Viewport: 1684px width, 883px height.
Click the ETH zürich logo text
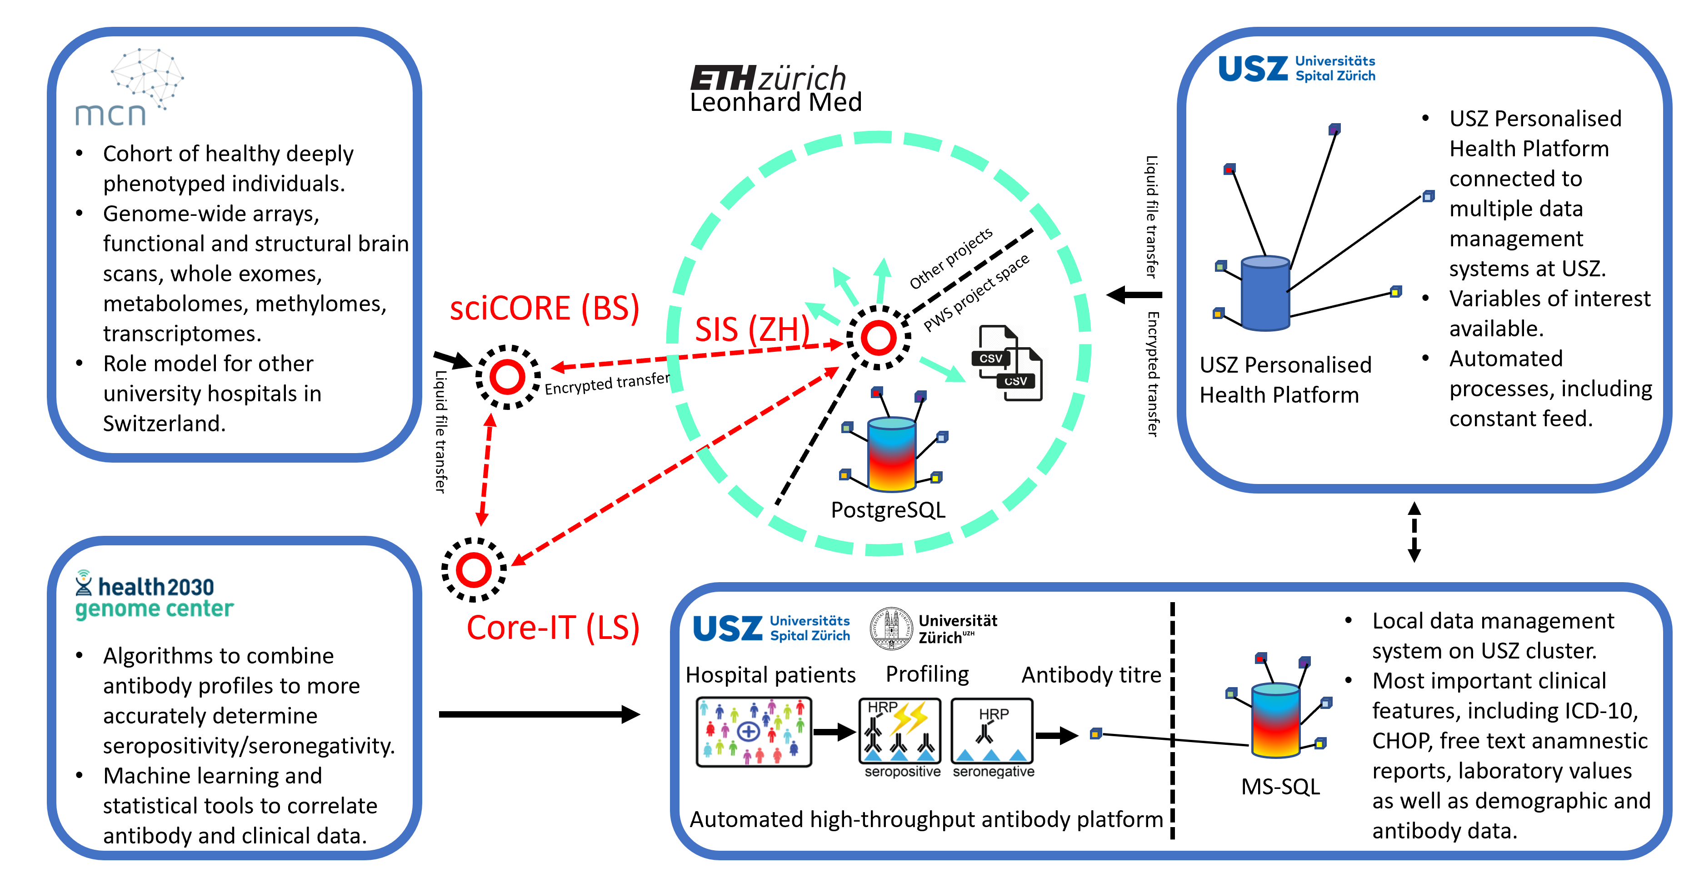(x=768, y=79)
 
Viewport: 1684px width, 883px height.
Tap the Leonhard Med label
(x=775, y=103)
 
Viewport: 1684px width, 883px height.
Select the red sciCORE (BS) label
(x=544, y=309)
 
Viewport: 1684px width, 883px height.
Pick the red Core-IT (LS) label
(x=552, y=628)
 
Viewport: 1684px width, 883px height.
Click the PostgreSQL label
(x=888, y=510)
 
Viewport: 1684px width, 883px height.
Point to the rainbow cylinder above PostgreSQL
(x=891, y=454)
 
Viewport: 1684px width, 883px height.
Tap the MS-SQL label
(x=1280, y=786)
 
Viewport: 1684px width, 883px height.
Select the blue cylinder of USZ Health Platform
(x=1265, y=293)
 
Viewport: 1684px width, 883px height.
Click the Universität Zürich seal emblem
(x=890, y=628)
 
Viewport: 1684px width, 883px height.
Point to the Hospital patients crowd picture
(x=753, y=731)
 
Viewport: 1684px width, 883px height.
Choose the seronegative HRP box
(x=992, y=731)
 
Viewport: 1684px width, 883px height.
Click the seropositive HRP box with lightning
(x=899, y=731)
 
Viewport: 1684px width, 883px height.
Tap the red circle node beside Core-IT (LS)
(x=474, y=569)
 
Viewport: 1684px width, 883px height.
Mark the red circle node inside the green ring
(x=879, y=338)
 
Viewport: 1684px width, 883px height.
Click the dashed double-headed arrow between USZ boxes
(x=1414, y=531)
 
